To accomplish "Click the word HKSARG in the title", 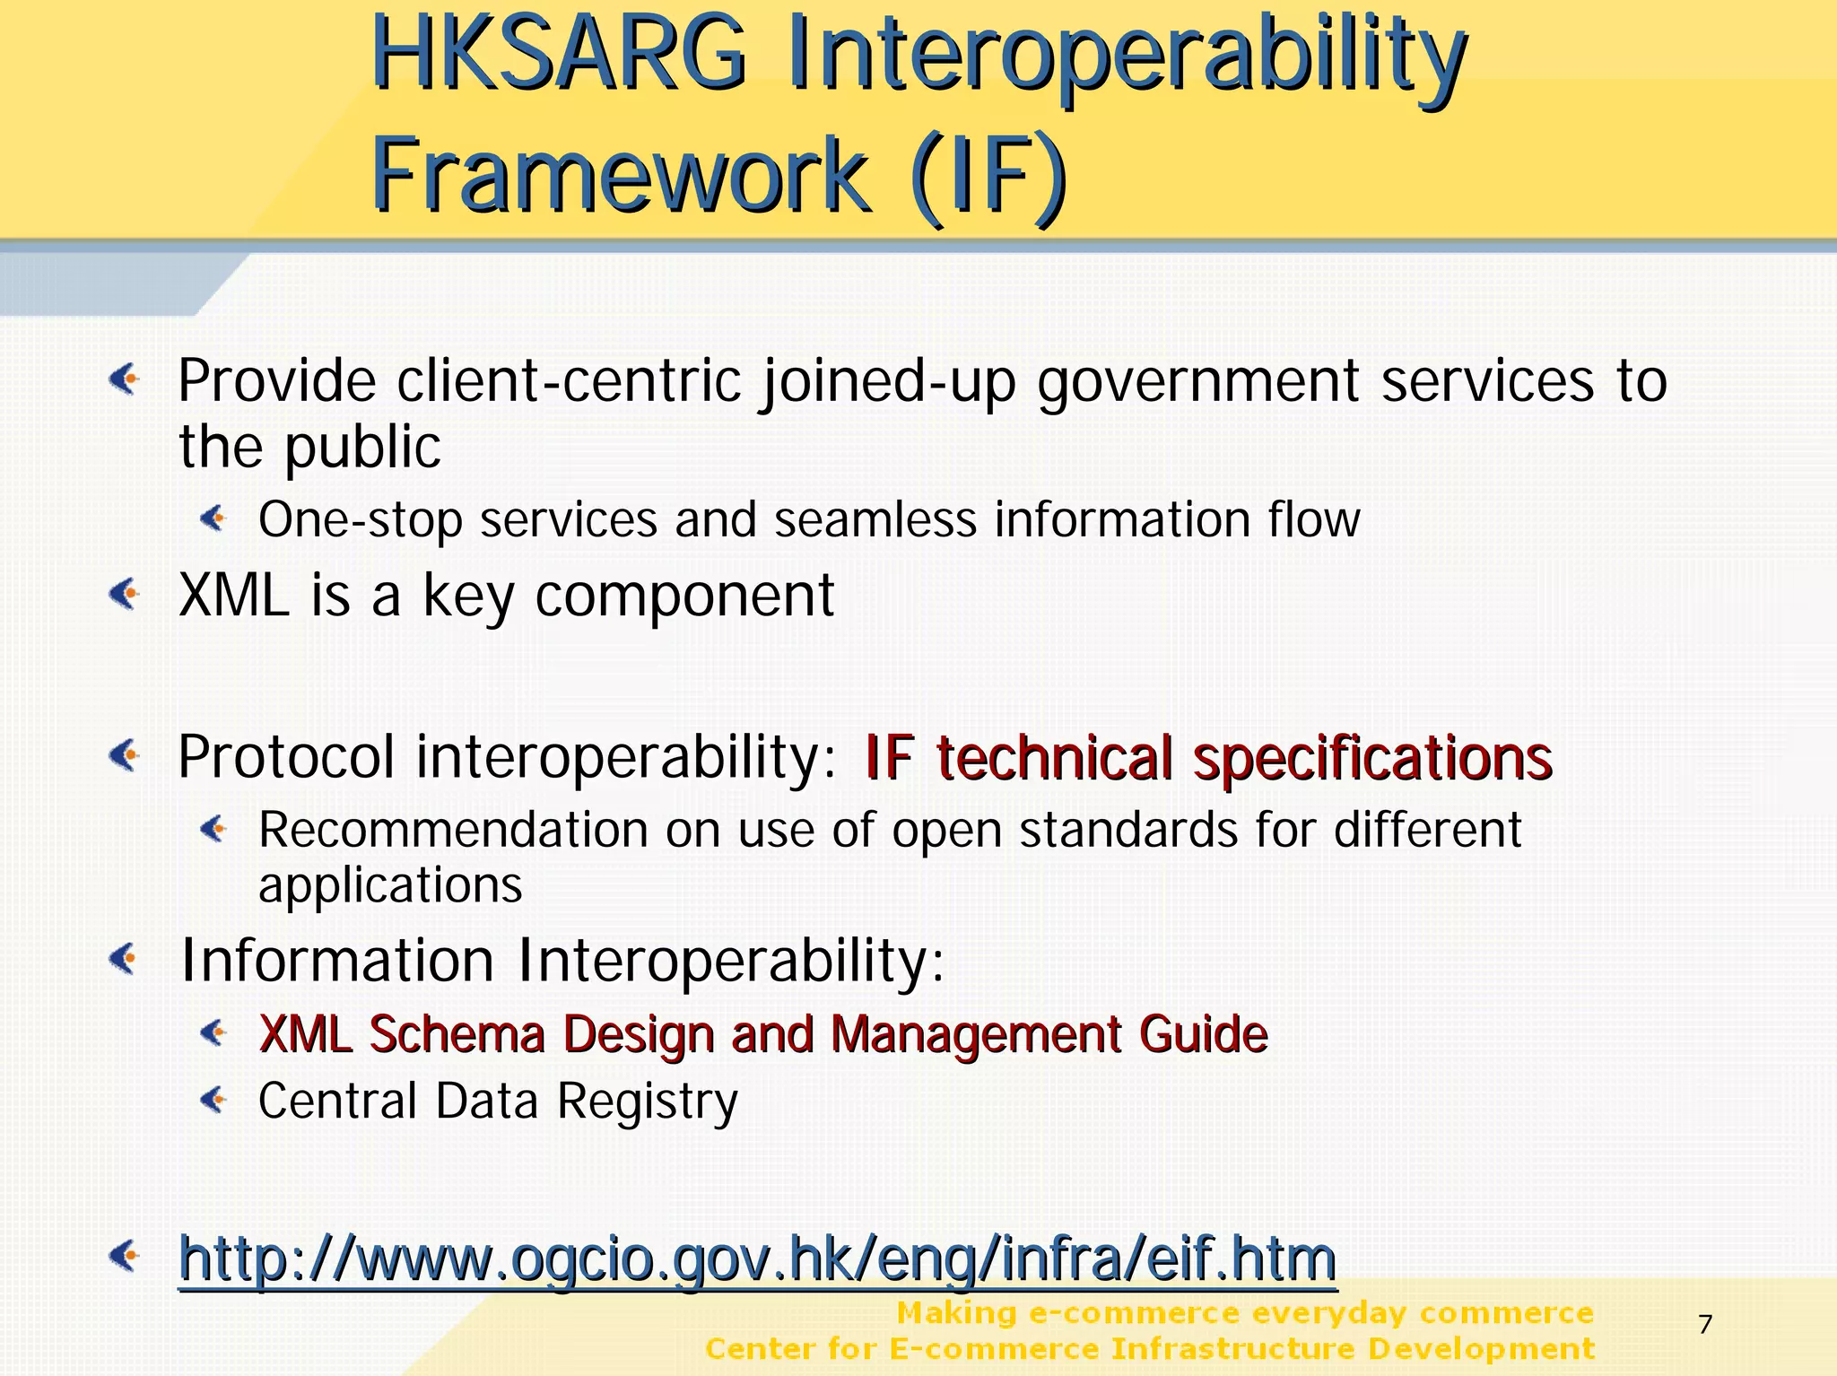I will (x=558, y=56).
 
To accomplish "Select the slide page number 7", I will (x=1705, y=1324).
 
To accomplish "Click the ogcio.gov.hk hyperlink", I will (x=757, y=1258).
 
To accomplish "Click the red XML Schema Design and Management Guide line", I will (x=762, y=1033).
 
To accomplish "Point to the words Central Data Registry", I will (x=498, y=1101).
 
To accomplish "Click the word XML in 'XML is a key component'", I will (x=234, y=595).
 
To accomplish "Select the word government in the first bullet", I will (x=1198, y=381).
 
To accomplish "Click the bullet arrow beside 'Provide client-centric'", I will (x=125, y=379).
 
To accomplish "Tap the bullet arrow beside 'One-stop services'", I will (x=213, y=518).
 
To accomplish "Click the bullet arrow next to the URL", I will (x=125, y=1255).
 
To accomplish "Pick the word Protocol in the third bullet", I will (x=286, y=758).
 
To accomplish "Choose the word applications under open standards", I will (x=390, y=886).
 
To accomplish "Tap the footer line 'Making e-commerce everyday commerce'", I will (x=1244, y=1313).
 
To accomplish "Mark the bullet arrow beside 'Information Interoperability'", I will (x=125, y=959).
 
